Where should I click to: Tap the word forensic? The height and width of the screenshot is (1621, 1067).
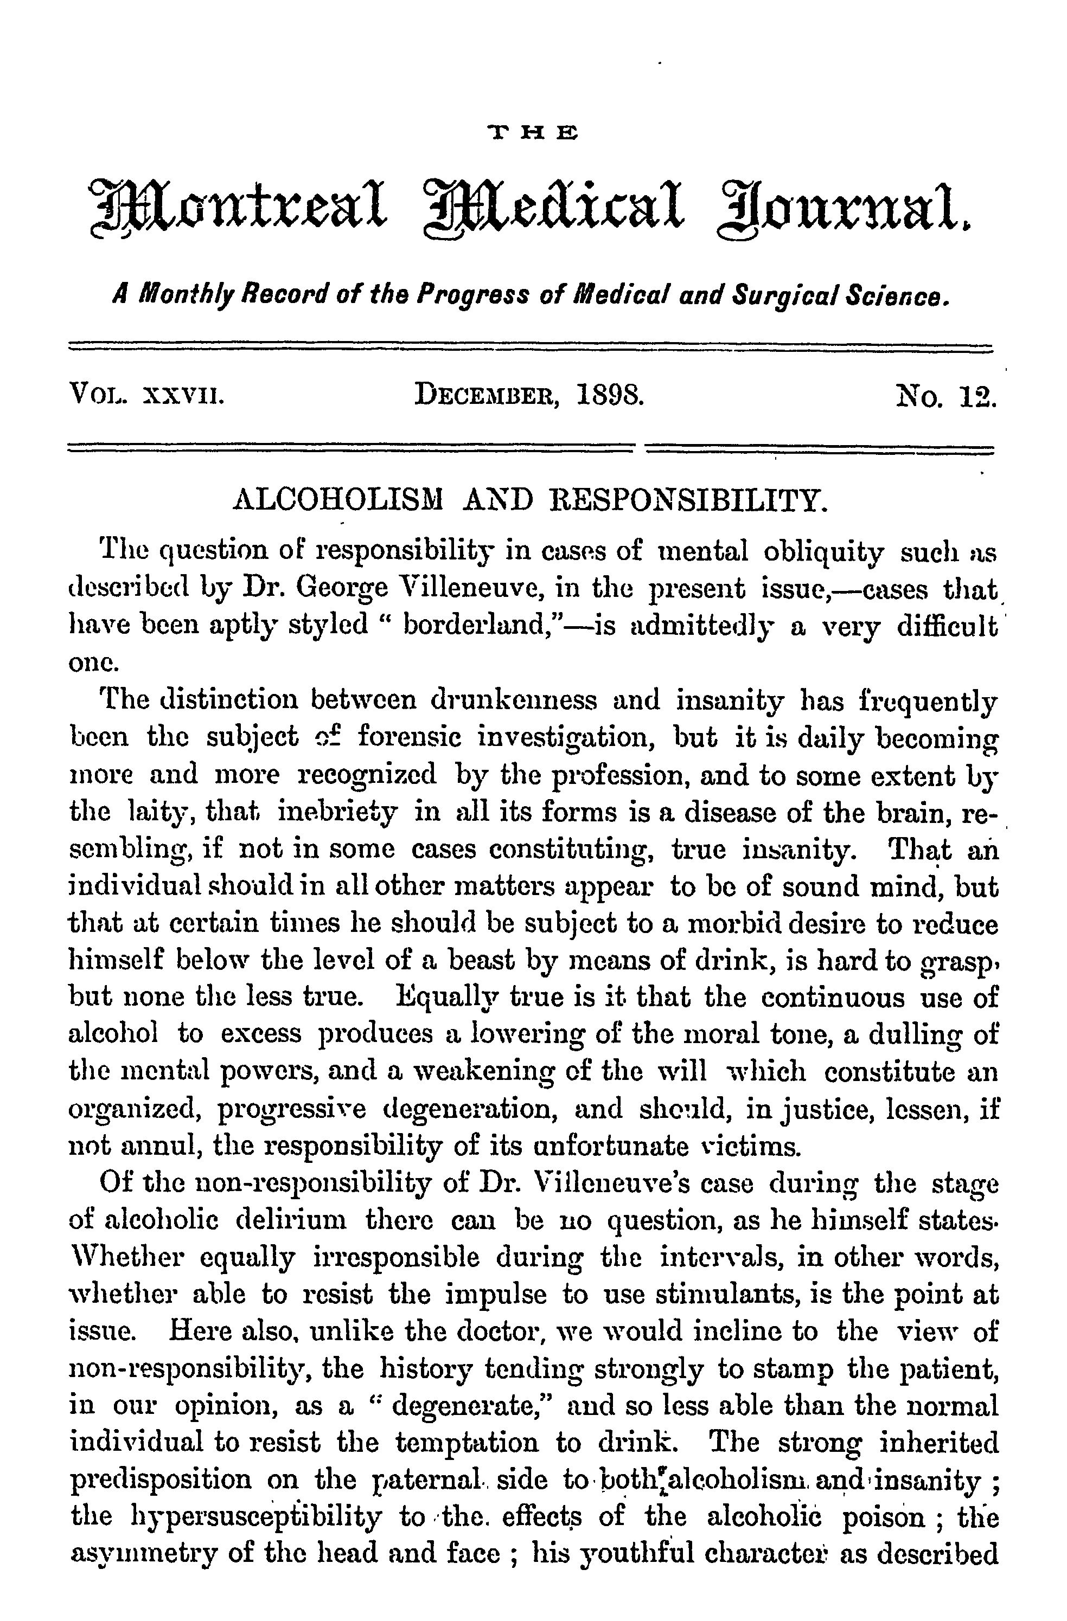coord(410,738)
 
